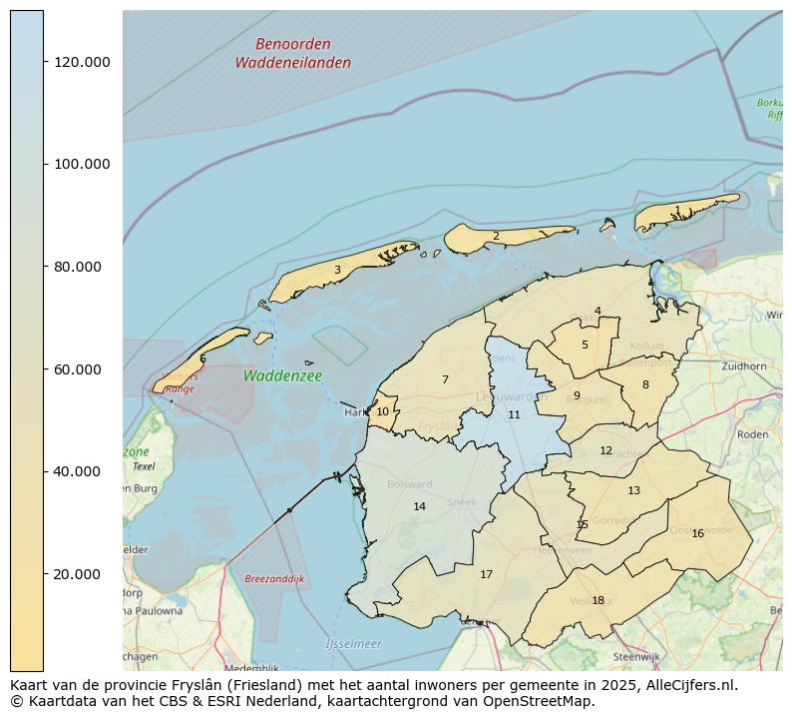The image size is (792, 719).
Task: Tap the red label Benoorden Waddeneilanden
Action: pyautogui.click(x=292, y=54)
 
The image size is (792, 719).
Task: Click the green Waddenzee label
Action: pyautogui.click(x=282, y=376)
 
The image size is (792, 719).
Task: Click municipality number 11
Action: pyautogui.click(x=514, y=414)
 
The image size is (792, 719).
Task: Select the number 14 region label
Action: pyautogui.click(x=419, y=507)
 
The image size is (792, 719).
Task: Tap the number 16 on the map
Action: pyautogui.click(x=697, y=533)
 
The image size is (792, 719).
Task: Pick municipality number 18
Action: pyautogui.click(x=597, y=600)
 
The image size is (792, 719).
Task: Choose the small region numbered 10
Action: pyautogui.click(x=382, y=411)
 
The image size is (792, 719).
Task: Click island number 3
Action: pyautogui.click(x=337, y=270)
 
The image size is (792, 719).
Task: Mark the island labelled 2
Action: pyautogui.click(x=496, y=237)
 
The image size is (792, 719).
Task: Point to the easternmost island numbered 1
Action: pyautogui.click(x=678, y=211)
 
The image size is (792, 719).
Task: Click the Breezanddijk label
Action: pyautogui.click(x=274, y=579)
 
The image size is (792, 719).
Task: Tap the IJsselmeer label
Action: pyautogui.click(x=353, y=644)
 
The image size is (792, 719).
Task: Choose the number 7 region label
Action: pyautogui.click(x=445, y=379)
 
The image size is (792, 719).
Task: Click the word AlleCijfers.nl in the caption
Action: pyautogui.click(x=689, y=685)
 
